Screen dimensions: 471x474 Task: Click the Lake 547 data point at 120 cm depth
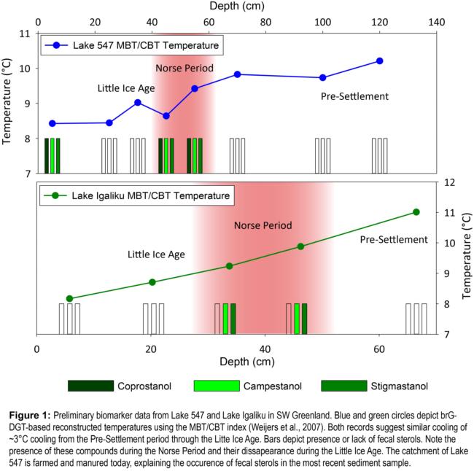click(x=379, y=61)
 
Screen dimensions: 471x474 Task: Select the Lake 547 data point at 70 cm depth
click(x=237, y=74)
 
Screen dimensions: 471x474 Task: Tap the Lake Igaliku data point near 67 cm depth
click(x=416, y=212)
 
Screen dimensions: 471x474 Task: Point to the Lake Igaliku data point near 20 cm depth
click(x=152, y=282)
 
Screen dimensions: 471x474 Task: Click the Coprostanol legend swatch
click(x=90, y=385)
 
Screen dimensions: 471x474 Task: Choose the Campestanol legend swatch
click(x=217, y=385)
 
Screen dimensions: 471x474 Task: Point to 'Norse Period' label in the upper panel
click(x=184, y=69)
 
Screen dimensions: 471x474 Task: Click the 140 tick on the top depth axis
click(x=436, y=22)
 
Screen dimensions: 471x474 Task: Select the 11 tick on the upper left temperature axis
click(x=25, y=34)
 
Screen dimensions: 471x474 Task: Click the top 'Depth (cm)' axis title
click(x=236, y=7)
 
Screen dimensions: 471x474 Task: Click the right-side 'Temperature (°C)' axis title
click(x=467, y=259)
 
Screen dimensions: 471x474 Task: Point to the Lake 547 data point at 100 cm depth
click(x=322, y=78)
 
